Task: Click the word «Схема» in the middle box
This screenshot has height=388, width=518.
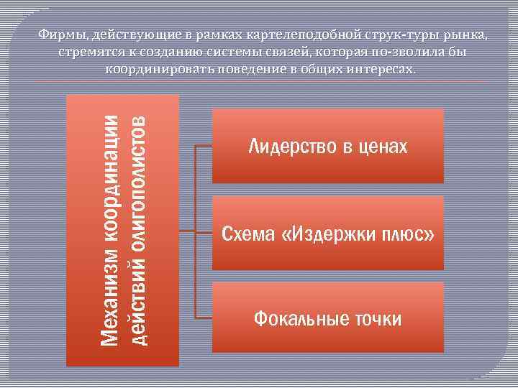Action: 247,234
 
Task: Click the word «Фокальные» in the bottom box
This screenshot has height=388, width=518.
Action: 298,318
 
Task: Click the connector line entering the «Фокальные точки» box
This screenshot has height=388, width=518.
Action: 204,317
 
